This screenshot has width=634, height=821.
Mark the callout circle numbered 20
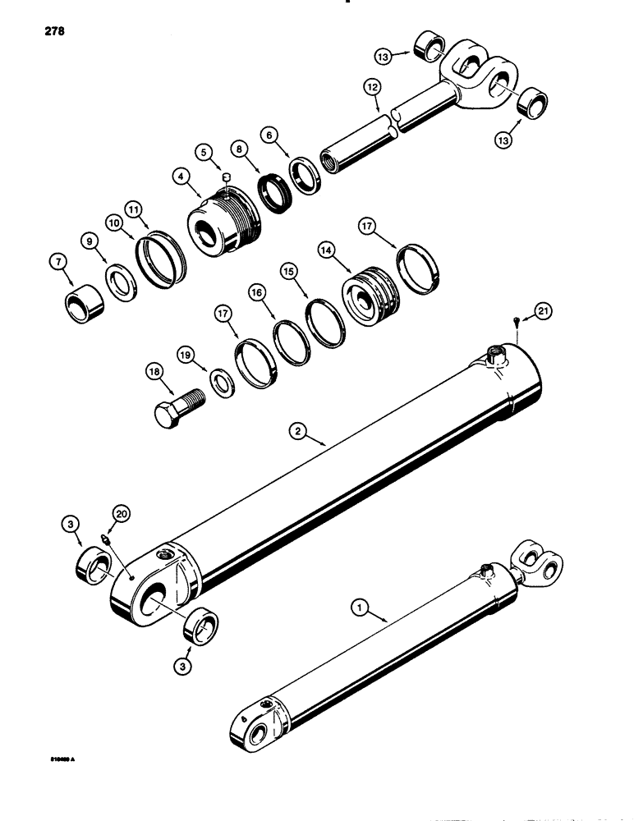coord(122,514)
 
